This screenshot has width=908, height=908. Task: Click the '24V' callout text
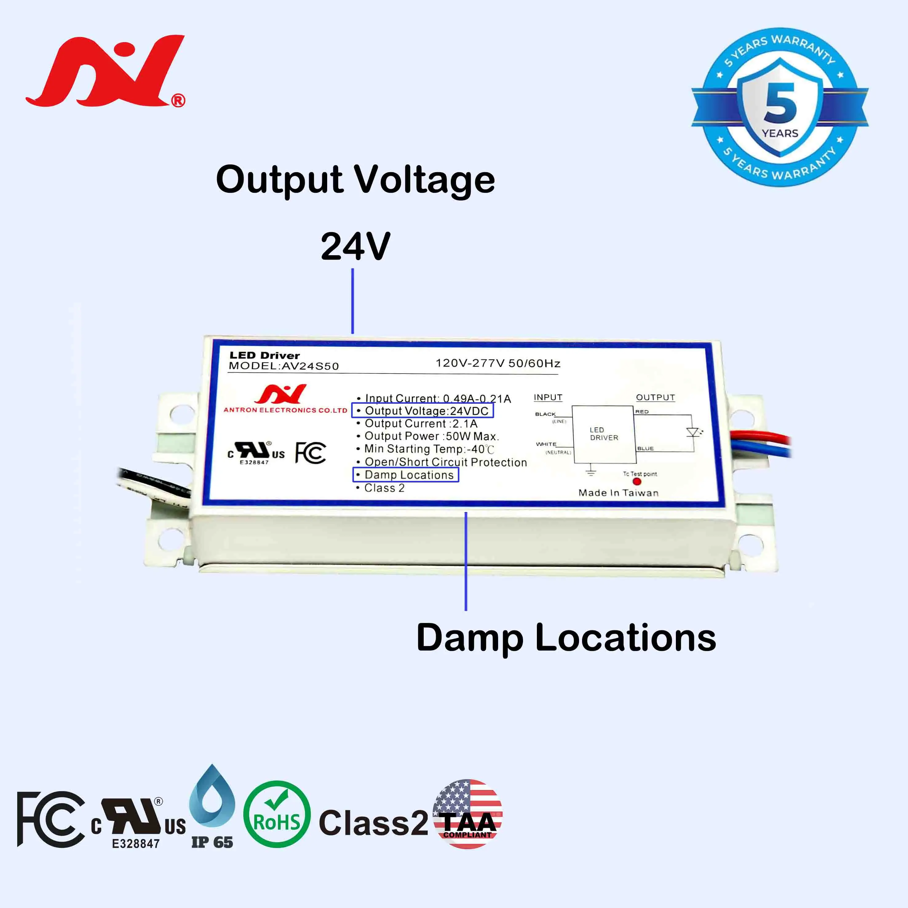[x=355, y=246]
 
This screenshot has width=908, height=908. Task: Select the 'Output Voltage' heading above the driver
[x=355, y=180]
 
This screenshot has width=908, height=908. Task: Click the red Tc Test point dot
[x=637, y=481]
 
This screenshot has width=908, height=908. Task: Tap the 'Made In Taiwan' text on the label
[x=618, y=493]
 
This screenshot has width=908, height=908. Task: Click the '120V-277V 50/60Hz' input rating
[x=498, y=363]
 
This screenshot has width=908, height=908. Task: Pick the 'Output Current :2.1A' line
[x=421, y=423]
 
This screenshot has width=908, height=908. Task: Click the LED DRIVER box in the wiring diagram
[x=604, y=434]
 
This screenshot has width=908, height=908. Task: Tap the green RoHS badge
[x=277, y=820]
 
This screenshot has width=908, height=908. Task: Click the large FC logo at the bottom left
[x=51, y=820]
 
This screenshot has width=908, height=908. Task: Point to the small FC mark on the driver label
[x=310, y=453]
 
